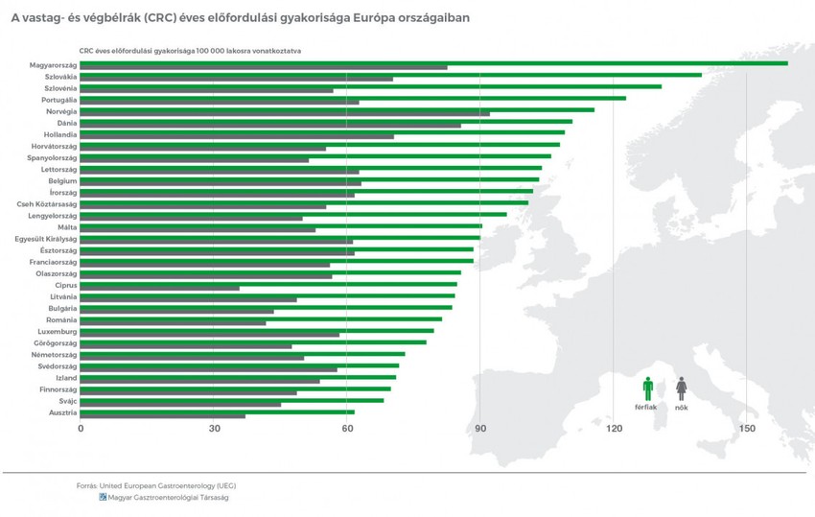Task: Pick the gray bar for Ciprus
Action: pyautogui.click(x=160, y=288)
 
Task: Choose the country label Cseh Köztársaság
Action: pyautogui.click(x=47, y=204)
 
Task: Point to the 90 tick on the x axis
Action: pyautogui.click(x=480, y=428)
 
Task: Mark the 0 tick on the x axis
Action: pyautogui.click(x=81, y=428)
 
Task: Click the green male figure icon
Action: pyautogui.click(x=648, y=388)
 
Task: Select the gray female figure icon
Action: pyautogui.click(x=682, y=388)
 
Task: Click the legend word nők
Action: pyautogui.click(x=682, y=408)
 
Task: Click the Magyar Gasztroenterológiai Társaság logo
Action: pyautogui.click(x=104, y=498)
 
